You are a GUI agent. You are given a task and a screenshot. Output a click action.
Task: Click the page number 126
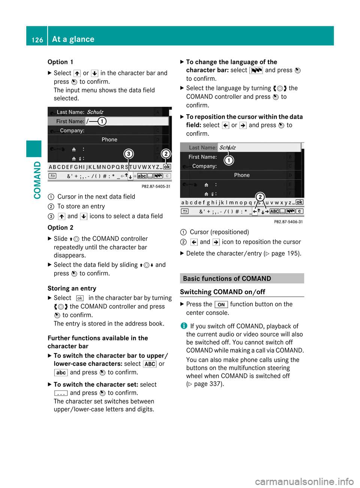coord(37,40)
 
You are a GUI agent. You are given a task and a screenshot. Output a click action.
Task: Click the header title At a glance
coord(73,39)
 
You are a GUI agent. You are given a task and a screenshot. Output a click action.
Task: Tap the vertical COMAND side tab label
coord(37,180)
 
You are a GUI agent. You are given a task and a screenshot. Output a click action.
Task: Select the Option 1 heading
coord(60,62)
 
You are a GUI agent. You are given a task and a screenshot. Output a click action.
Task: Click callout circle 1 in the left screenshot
coord(102,121)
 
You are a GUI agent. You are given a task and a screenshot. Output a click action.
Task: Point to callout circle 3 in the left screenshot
coord(129,154)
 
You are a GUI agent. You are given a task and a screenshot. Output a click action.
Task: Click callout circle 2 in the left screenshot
coord(166,154)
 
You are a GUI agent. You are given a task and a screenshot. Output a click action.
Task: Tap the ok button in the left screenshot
coord(167,167)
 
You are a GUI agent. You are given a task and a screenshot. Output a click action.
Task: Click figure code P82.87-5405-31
coord(156,186)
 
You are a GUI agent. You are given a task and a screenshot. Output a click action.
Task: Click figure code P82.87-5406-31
coord(288,222)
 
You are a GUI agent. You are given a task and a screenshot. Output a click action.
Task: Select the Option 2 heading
coord(60,228)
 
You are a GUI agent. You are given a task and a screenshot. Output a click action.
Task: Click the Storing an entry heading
coord(72,289)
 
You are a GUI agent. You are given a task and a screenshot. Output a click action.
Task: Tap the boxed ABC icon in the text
coord(150,364)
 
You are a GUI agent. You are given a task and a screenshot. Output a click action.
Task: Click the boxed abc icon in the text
coord(61,373)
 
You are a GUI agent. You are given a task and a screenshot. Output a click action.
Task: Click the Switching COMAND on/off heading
coord(222,292)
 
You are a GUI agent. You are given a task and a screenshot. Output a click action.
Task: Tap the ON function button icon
coord(221,305)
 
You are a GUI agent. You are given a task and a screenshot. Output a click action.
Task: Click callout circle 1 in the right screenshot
coord(229,160)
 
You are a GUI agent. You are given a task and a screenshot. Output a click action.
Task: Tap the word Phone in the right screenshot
coord(242,175)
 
